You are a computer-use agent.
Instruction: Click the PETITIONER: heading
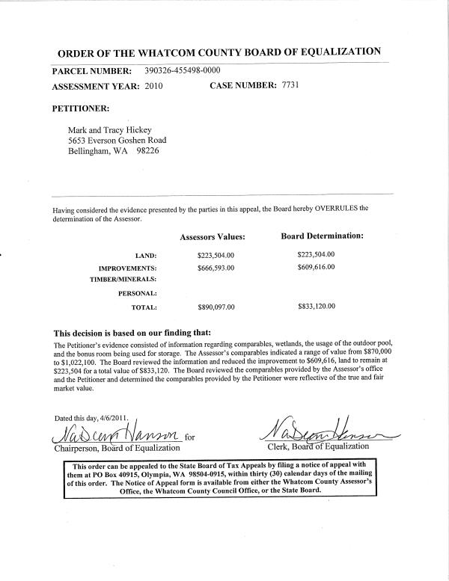click(82, 108)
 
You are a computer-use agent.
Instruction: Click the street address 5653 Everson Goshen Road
click(117, 140)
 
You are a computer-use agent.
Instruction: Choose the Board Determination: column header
click(322, 236)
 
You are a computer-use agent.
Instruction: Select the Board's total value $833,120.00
click(316, 307)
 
